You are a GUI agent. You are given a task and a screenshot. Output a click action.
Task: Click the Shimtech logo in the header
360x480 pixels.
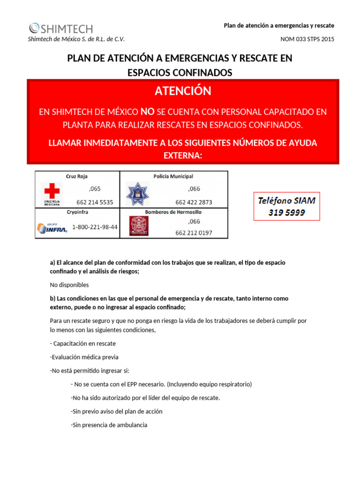(x=61, y=28)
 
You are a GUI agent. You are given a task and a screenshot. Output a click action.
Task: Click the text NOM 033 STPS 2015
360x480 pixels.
(x=307, y=39)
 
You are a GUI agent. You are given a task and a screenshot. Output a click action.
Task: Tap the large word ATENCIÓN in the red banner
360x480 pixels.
(x=183, y=91)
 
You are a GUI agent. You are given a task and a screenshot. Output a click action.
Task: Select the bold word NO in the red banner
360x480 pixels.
(x=147, y=112)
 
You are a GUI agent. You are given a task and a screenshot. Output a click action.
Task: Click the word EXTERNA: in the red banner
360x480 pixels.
(x=183, y=155)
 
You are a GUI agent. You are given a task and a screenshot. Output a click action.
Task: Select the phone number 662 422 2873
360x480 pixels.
(x=194, y=202)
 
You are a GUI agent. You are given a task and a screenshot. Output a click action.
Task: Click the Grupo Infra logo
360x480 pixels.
(x=52, y=228)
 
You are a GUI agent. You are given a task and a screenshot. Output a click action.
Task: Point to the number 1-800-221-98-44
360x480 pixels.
(x=95, y=227)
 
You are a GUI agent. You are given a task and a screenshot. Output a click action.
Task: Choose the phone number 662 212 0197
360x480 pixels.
(x=194, y=232)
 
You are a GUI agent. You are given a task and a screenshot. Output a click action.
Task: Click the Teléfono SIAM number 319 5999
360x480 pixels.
(x=286, y=212)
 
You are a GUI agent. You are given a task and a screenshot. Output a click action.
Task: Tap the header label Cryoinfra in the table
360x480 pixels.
(x=77, y=212)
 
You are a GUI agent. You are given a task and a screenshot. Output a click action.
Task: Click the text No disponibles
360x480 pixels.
(x=69, y=285)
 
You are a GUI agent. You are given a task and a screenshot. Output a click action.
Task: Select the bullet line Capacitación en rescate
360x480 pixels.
(x=82, y=344)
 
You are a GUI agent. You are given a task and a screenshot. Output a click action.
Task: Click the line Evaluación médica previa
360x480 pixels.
(x=84, y=357)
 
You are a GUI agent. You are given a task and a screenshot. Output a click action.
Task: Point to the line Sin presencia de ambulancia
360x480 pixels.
(x=109, y=425)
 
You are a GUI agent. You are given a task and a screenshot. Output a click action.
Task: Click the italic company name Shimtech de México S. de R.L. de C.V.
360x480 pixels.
(x=77, y=39)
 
